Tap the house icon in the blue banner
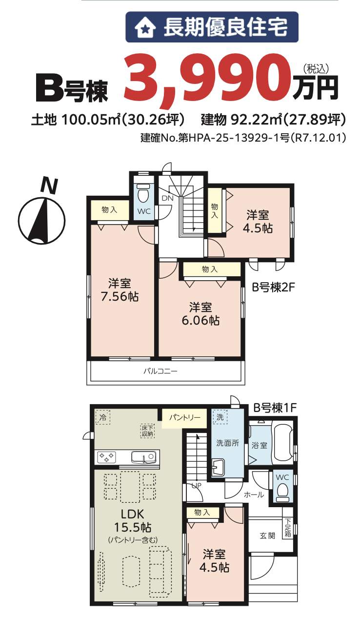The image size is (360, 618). [x=145, y=27]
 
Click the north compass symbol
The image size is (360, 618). [x=42, y=212]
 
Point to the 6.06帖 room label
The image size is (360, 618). [x=200, y=314]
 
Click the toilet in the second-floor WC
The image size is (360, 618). [x=143, y=193]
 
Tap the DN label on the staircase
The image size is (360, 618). [x=168, y=198]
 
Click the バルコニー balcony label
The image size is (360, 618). [x=160, y=371]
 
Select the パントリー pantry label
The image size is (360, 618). [x=184, y=417]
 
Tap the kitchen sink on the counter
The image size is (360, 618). [x=143, y=457]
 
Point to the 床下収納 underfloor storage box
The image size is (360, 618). [x=147, y=431]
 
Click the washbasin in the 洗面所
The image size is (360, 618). [x=218, y=468]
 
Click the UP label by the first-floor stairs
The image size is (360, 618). [x=196, y=486]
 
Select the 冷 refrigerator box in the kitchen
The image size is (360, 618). [x=103, y=417]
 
